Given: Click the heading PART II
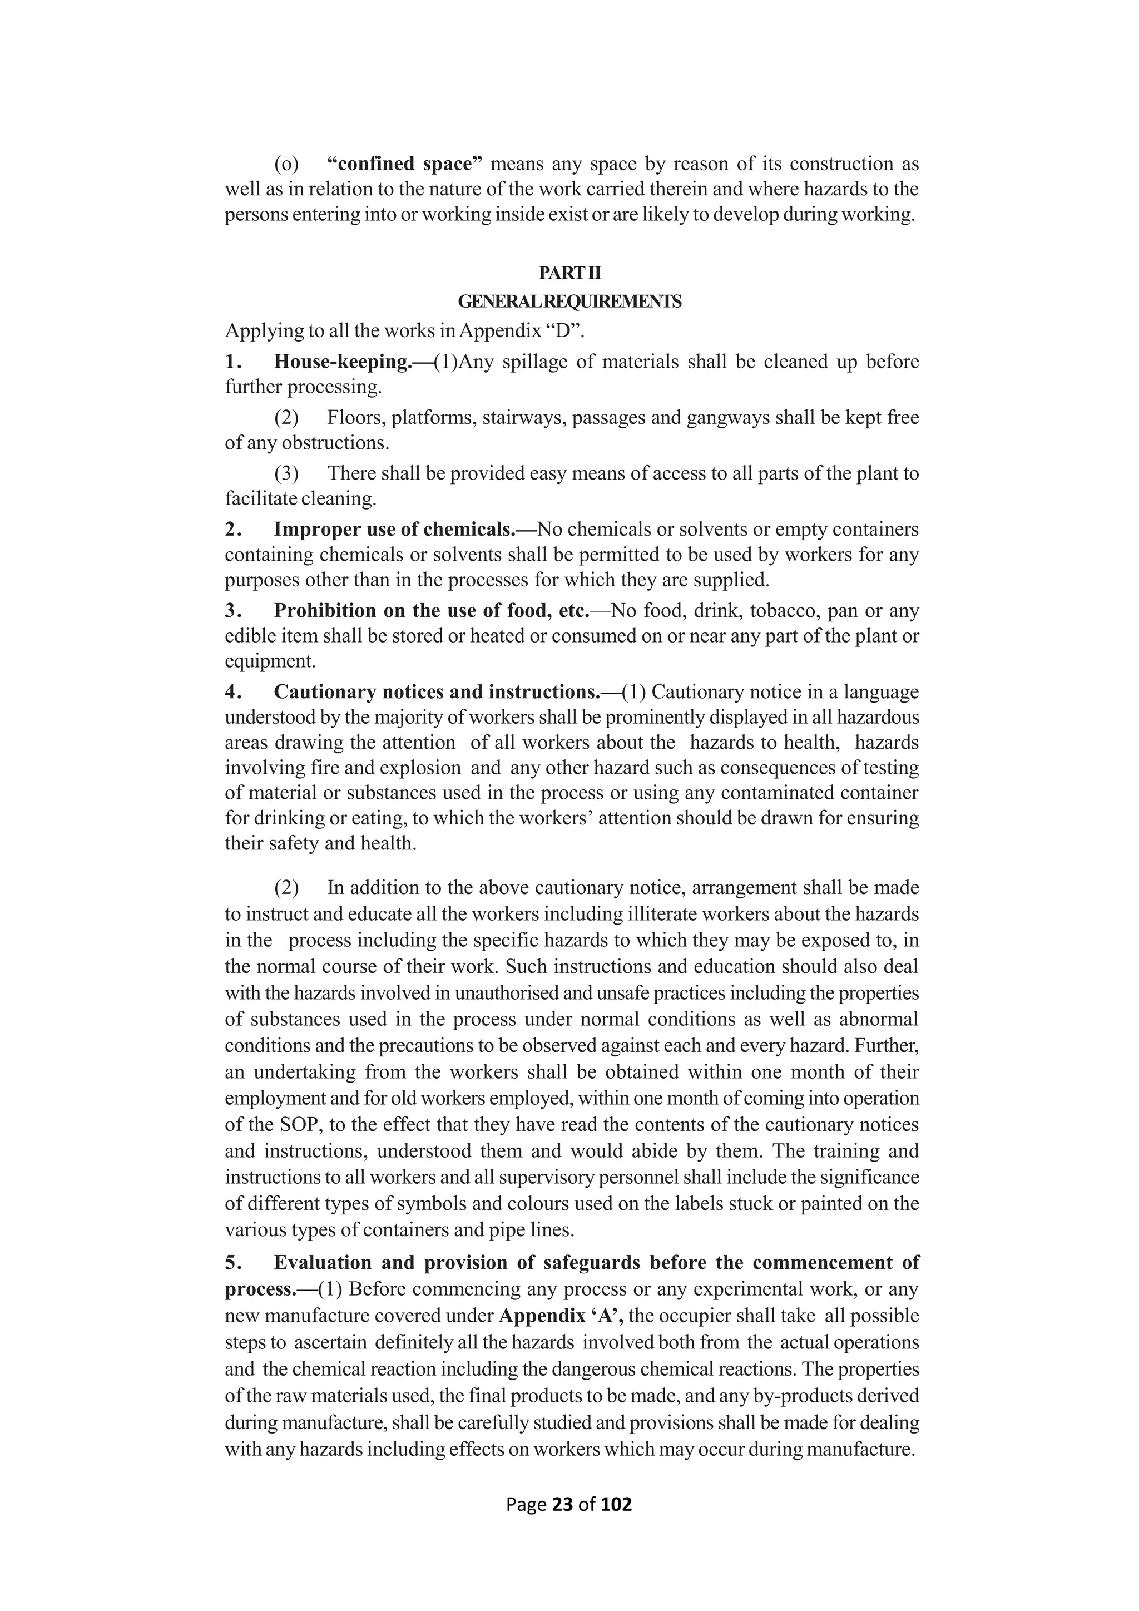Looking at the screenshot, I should [569, 273].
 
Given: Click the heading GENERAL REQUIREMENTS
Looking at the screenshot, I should [569, 302].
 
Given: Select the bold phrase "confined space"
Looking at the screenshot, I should [405, 164].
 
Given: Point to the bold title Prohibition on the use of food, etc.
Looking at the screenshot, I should [430, 610].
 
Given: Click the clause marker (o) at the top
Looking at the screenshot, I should [286, 164].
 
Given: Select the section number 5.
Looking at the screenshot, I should [233, 1262].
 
